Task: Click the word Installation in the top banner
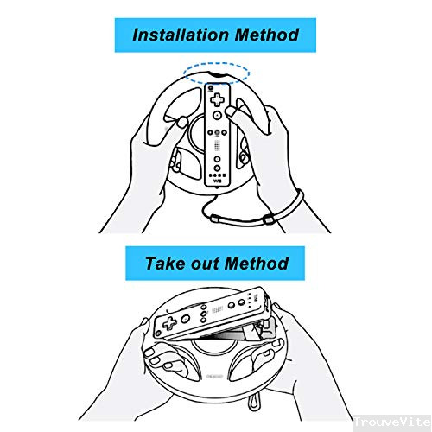181,35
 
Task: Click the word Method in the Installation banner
267,35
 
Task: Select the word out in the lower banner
205,264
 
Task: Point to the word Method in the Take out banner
257,264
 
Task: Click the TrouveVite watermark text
392,422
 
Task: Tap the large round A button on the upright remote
217,115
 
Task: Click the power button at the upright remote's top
211,87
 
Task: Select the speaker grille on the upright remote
217,146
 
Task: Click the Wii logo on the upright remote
217,181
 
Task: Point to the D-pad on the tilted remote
169,323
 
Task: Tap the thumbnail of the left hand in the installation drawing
182,123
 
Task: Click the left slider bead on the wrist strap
215,219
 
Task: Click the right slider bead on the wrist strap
268,220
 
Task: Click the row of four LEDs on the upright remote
217,175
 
